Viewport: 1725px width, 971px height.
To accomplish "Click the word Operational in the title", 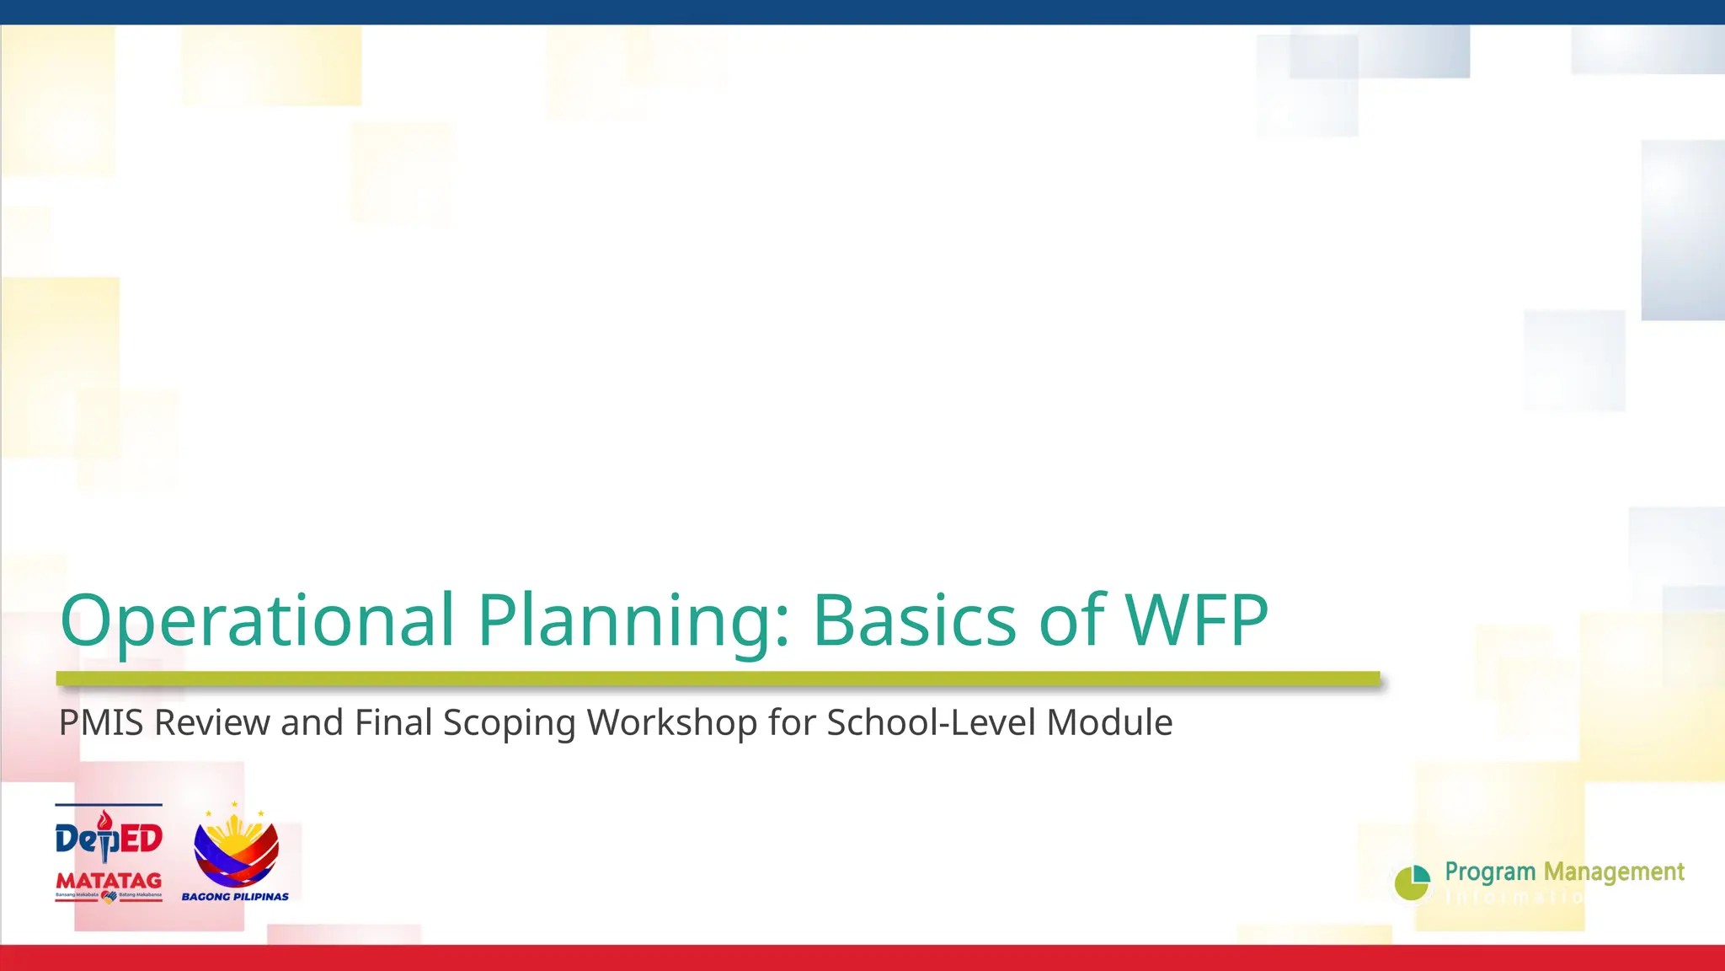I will (257, 621).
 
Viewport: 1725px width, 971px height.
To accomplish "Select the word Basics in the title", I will (914, 621).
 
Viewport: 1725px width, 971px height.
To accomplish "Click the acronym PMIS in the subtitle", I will (101, 723).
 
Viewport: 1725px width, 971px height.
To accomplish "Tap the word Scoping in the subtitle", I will (509, 723).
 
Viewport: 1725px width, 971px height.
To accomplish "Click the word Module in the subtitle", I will (1109, 723).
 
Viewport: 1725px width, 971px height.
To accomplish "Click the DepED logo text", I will (109, 838).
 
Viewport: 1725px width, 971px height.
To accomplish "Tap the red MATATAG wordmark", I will (109, 881).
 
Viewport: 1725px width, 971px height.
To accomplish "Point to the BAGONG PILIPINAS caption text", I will (235, 897).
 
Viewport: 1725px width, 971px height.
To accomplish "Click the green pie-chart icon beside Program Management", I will (1413, 882).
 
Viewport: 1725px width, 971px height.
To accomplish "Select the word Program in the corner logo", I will (1490, 872).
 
